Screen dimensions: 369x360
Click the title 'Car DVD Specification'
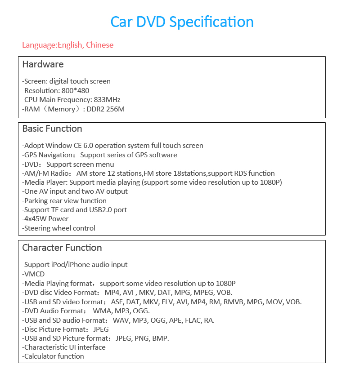182,22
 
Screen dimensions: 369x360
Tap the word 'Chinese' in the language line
100,45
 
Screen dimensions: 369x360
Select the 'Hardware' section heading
43,64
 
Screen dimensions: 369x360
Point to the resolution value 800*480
75,90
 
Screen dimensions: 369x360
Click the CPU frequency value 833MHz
107,100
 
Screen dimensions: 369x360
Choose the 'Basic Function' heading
52,129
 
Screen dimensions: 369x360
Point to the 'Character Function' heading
62,248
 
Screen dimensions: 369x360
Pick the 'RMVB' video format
234,302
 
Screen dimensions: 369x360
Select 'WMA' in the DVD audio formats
101,311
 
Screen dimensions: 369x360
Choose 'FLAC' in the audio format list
189,320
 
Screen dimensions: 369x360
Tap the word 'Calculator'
39,356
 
